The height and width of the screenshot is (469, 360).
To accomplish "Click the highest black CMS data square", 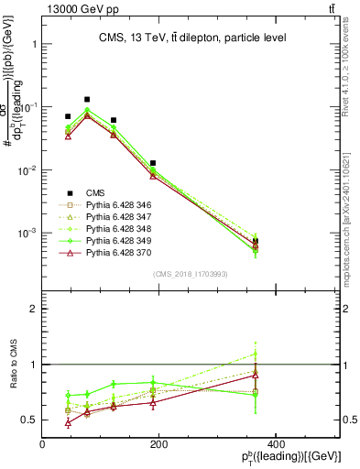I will [x=87, y=99].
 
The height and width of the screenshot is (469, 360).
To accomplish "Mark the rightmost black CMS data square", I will [x=333, y=241].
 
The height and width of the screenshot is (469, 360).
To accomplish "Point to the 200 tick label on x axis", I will [x=158, y=444].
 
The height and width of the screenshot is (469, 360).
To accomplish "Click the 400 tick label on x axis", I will [x=275, y=444].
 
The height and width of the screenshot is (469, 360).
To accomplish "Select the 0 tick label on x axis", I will [x=42, y=444].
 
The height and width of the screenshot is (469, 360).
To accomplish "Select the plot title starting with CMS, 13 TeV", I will [x=191, y=38].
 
